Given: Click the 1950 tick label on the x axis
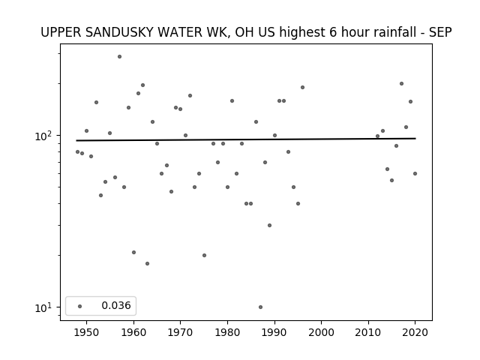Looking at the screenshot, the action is click(86, 332).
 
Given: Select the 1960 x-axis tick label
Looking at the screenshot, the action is click(133, 332).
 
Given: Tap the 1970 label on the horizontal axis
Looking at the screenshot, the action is click(180, 332).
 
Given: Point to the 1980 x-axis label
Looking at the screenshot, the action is click(227, 332).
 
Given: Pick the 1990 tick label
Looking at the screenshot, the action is click(274, 332).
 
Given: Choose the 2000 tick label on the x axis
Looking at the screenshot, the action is click(322, 332).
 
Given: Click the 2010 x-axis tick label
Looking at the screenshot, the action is click(368, 332).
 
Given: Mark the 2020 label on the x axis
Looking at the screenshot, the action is click(415, 332).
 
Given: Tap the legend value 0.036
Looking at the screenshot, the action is click(116, 305).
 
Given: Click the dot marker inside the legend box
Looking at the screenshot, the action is click(80, 306).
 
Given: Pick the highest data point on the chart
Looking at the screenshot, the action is click(119, 57).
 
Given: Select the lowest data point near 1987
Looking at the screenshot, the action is click(260, 307).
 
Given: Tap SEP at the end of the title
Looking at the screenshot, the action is click(440, 32).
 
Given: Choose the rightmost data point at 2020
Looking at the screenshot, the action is click(415, 173).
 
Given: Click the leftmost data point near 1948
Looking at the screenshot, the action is click(77, 151).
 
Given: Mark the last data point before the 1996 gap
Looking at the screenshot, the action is click(302, 87).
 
